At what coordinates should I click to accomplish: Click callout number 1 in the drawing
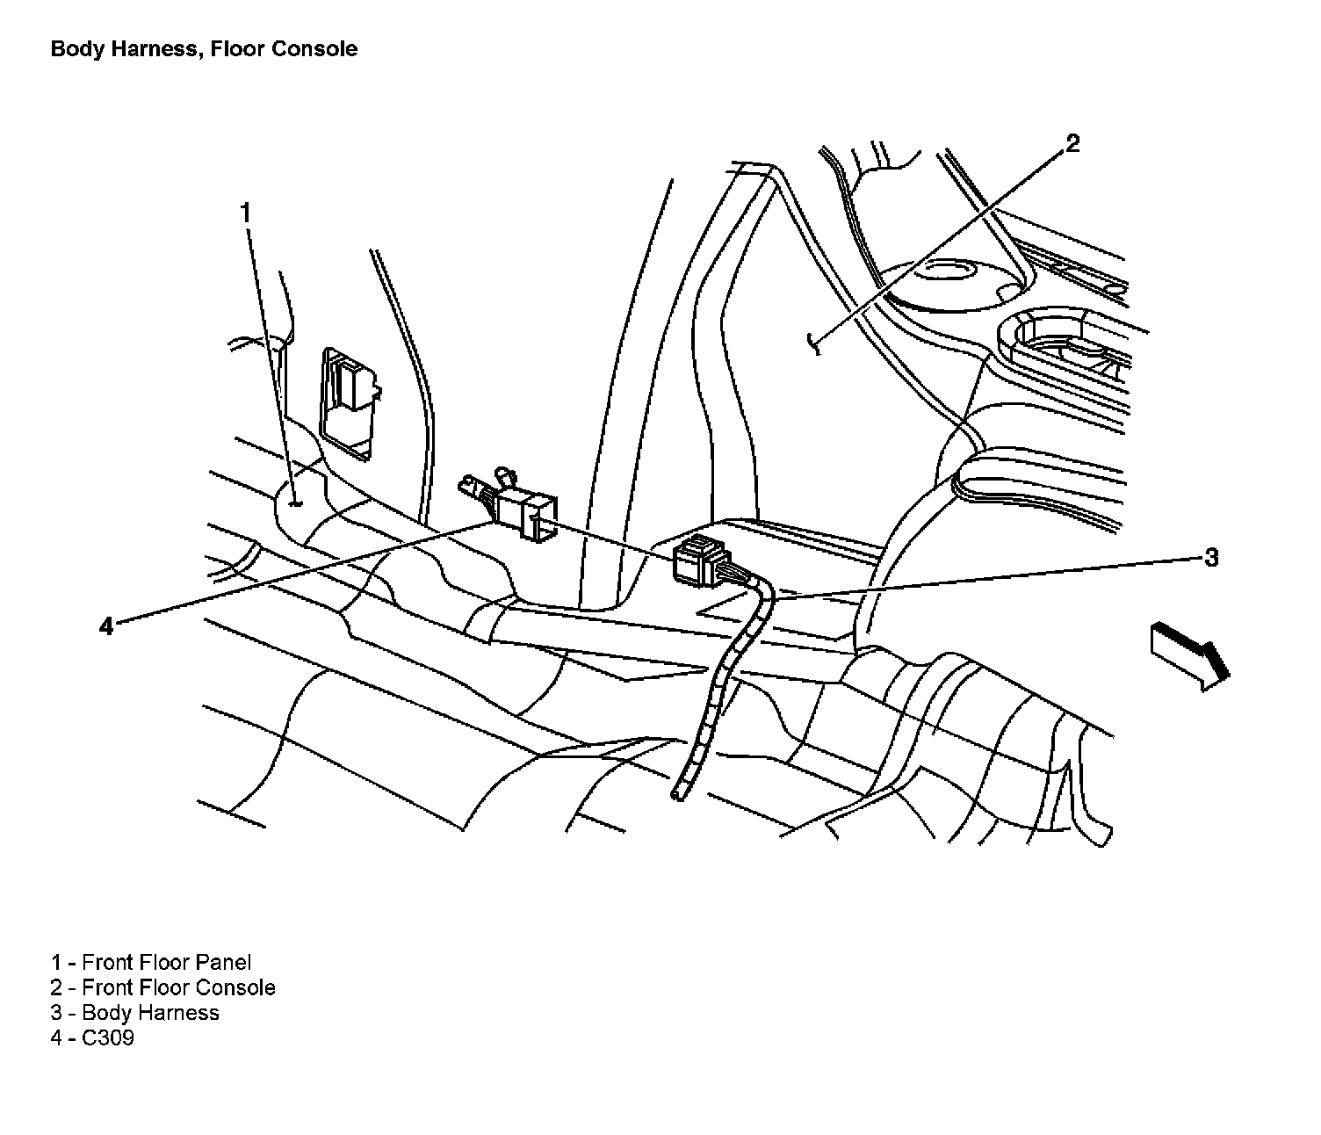[246, 213]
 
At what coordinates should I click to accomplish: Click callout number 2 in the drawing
[1072, 143]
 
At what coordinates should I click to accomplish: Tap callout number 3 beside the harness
[1211, 557]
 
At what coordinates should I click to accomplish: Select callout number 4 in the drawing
[106, 626]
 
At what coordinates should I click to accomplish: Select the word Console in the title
[314, 48]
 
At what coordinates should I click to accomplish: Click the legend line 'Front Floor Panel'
[151, 963]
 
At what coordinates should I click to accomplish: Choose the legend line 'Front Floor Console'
[163, 987]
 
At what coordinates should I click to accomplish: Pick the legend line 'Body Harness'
[135, 1013]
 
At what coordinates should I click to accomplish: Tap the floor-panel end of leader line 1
[294, 503]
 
